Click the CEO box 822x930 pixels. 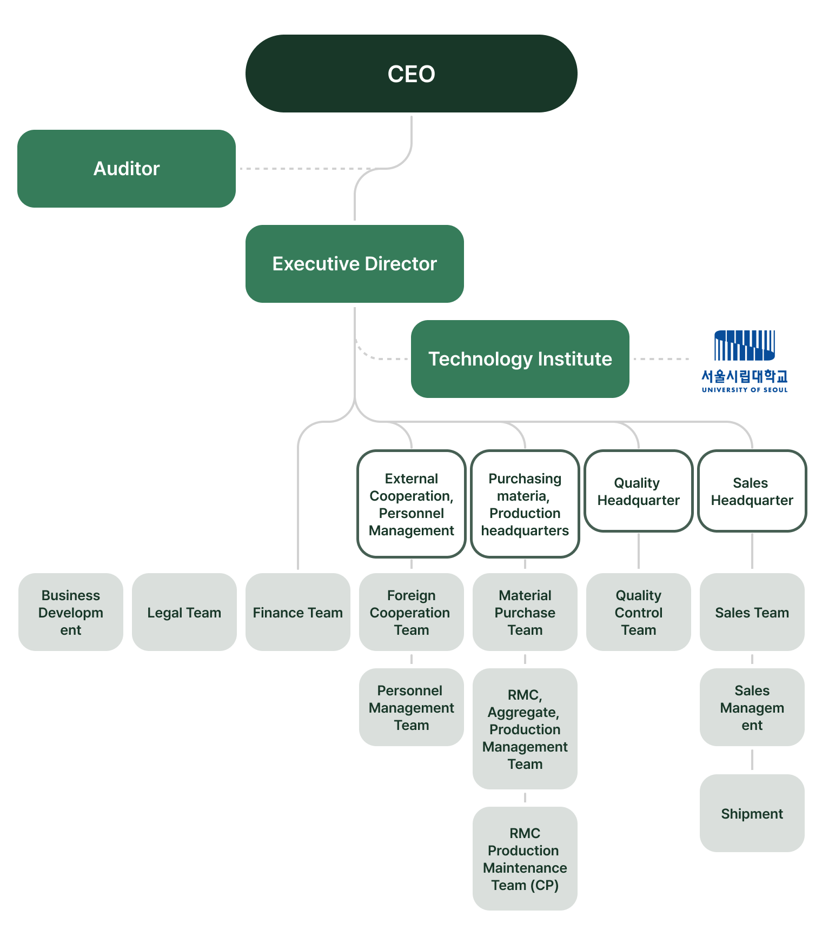411,74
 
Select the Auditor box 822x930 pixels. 127,169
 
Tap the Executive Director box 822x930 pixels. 355,264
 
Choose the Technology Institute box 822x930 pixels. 520,359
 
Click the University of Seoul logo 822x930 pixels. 745,361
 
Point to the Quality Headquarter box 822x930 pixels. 639,491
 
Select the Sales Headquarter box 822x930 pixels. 752,491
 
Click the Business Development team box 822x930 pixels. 71,612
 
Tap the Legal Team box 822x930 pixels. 184,612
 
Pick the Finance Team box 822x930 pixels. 298,612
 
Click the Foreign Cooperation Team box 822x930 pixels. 412,612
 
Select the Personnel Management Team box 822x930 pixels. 412,707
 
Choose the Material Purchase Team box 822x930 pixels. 525,612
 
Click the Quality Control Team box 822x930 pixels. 639,612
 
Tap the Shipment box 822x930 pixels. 752,813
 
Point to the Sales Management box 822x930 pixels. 752,707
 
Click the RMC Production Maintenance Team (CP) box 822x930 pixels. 525,859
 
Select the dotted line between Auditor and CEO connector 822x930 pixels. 303,169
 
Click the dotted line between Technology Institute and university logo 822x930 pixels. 661,359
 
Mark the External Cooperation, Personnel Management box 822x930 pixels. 412,504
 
